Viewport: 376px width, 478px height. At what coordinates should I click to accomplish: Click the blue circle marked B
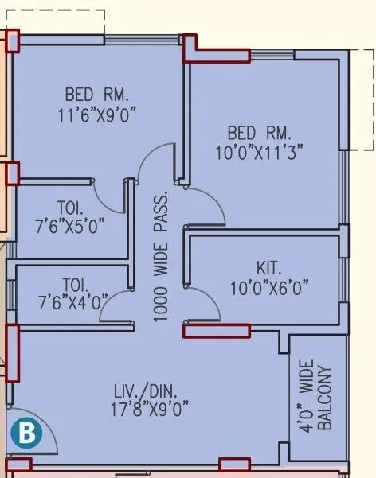(x=25, y=433)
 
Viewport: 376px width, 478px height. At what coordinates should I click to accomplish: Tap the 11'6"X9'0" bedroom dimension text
(x=98, y=115)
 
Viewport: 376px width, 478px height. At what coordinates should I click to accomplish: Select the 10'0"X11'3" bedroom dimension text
(x=260, y=152)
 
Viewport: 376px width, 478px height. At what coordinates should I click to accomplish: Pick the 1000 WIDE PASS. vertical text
(x=161, y=256)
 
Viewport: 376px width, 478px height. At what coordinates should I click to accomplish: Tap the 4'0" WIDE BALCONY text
(x=315, y=398)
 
